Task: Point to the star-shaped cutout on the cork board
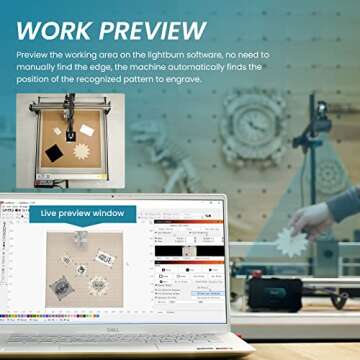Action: point(82,150)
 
